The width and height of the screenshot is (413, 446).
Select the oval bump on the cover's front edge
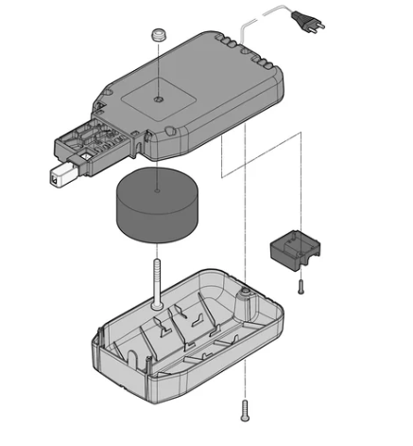(x=170, y=132)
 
